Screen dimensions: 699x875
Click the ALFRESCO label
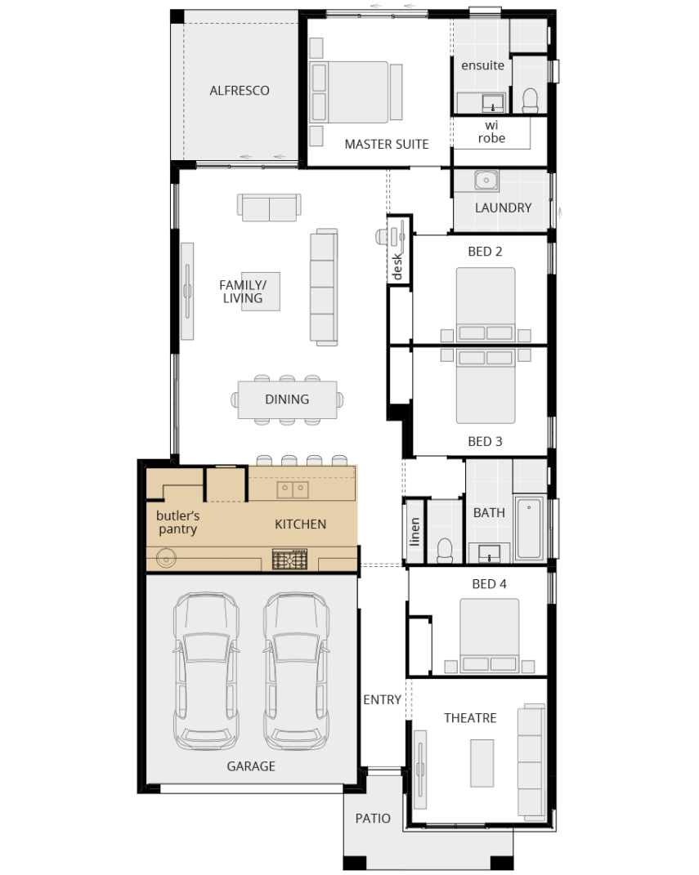point(239,91)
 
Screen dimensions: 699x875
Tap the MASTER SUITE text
point(387,144)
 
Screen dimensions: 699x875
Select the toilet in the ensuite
point(530,100)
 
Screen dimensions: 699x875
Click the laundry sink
point(486,181)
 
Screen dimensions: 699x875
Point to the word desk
point(397,266)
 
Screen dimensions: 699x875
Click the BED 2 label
point(485,252)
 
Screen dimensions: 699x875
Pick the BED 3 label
point(485,441)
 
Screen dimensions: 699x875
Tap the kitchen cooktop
point(289,559)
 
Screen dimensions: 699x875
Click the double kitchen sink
point(293,489)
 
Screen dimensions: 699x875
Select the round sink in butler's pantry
point(167,557)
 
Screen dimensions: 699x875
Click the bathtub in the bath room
point(529,528)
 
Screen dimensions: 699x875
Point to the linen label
point(414,532)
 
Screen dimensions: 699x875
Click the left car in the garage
point(206,671)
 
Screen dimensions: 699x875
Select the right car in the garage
point(296,671)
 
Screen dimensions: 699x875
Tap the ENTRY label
point(382,700)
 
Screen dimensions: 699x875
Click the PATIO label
point(373,819)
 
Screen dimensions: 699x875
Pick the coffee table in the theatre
point(482,763)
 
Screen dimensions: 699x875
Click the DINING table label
point(287,400)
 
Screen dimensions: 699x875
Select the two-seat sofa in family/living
point(269,208)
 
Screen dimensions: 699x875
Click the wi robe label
point(491,132)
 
